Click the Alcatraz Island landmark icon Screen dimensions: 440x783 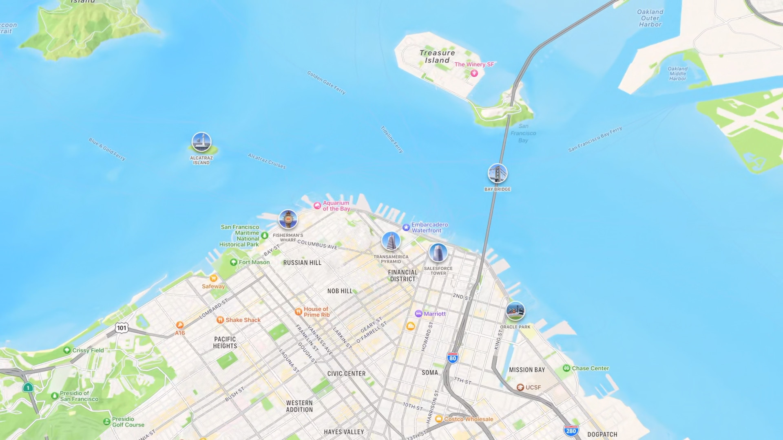point(201,142)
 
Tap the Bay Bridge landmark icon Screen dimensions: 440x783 point(498,174)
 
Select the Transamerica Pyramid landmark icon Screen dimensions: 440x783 point(391,241)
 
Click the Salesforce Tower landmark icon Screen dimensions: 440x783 point(438,253)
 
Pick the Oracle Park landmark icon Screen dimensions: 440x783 point(515,311)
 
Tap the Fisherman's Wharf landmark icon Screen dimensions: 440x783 point(288,220)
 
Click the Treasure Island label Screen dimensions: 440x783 point(437,57)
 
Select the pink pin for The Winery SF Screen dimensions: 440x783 point(474,73)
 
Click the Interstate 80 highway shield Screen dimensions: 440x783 point(452,358)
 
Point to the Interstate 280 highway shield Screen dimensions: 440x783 point(571,431)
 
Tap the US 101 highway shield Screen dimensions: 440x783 point(122,328)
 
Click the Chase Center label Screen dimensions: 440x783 point(590,368)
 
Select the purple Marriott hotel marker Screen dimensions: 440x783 point(418,314)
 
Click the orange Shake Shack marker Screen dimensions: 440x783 point(220,320)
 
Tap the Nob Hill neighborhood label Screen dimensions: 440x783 point(340,291)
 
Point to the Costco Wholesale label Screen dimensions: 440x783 point(469,419)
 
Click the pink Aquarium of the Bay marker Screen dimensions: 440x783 point(317,206)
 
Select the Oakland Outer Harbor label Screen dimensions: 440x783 point(650,18)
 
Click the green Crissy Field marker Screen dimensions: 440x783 point(67,350)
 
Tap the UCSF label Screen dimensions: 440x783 point(533,387)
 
